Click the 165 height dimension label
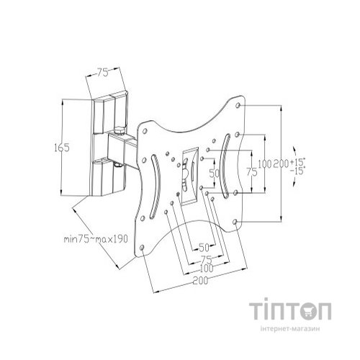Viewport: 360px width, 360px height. [62, 148]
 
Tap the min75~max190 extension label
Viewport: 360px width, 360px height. [96, 239]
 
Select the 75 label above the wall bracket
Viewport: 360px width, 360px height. [103, 73]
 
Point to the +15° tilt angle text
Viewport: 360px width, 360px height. [297, 162]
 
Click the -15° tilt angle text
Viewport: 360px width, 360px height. [297, 171]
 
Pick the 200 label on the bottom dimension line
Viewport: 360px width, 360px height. [200, 281]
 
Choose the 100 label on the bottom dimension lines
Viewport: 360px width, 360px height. [206, 269]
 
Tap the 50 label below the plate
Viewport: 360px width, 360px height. [204, 247]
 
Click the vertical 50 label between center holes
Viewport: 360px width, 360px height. [215, 173]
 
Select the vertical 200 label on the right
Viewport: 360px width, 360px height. [281, 163]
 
